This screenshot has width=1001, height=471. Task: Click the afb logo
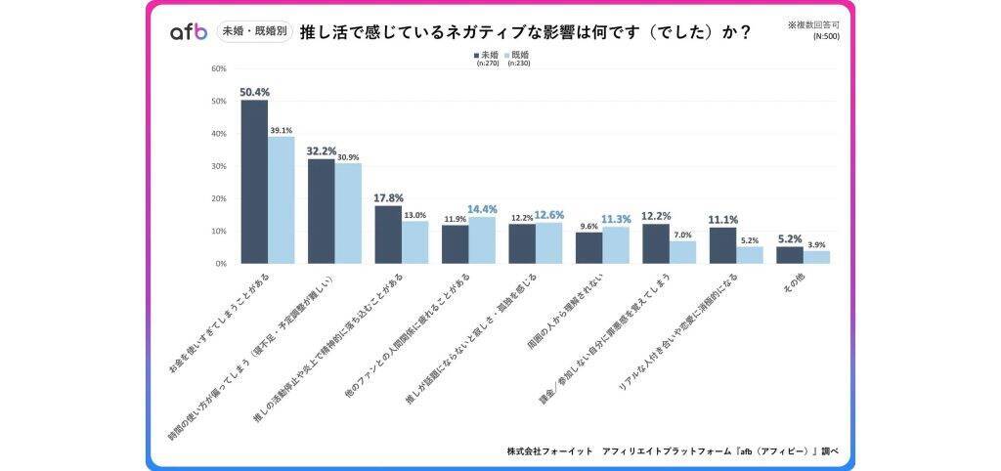tap(189, 31)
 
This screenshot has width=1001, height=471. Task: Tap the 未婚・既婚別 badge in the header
tap(252, 31)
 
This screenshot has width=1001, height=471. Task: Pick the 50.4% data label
tap(254, 92)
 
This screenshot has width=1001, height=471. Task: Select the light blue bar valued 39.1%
tap(282, 200)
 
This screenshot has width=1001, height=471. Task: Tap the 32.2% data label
tap(321, 151)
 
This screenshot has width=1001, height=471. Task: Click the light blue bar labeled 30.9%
tap(348, 213)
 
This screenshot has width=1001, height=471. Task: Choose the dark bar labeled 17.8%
tap(388, 235)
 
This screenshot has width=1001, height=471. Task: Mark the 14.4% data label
tap(482, 209)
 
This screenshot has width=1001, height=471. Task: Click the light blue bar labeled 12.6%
tap(548, 243)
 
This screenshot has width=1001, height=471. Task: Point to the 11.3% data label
tap(615, 220)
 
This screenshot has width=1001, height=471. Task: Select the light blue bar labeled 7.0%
tap(682, 252)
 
